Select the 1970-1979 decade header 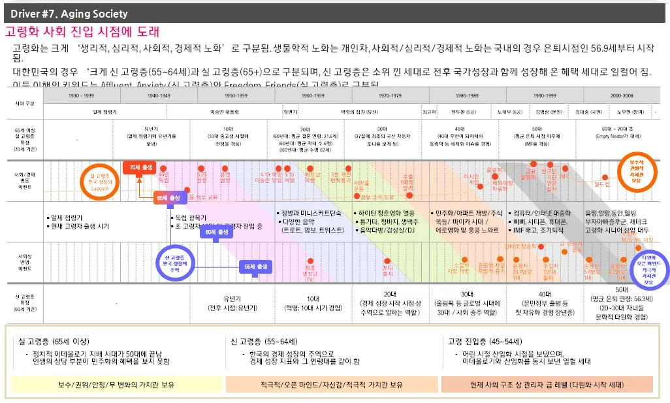tap(391, 95)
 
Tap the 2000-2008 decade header tap(622, 95)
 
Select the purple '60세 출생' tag tap(215, 232)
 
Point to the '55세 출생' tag tap(255, 266)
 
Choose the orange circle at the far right tap(635, 172)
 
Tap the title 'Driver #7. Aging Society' tap(69, 14)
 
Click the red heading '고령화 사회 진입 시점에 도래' tap(82, 32)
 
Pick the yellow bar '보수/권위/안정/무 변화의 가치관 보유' tap(116, 385)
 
